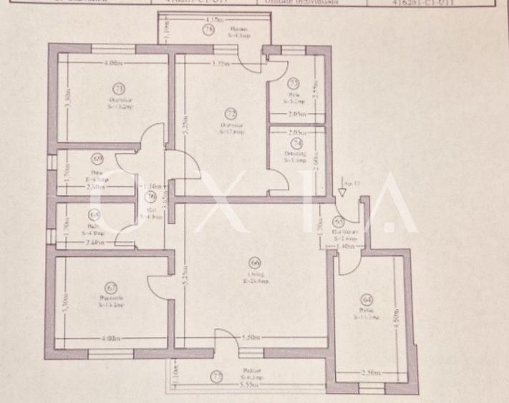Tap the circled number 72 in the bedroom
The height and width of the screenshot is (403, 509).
tap(230, 113)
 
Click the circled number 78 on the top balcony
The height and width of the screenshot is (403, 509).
tap(208, 31)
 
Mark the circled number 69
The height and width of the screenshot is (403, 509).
tap(97, 160)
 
